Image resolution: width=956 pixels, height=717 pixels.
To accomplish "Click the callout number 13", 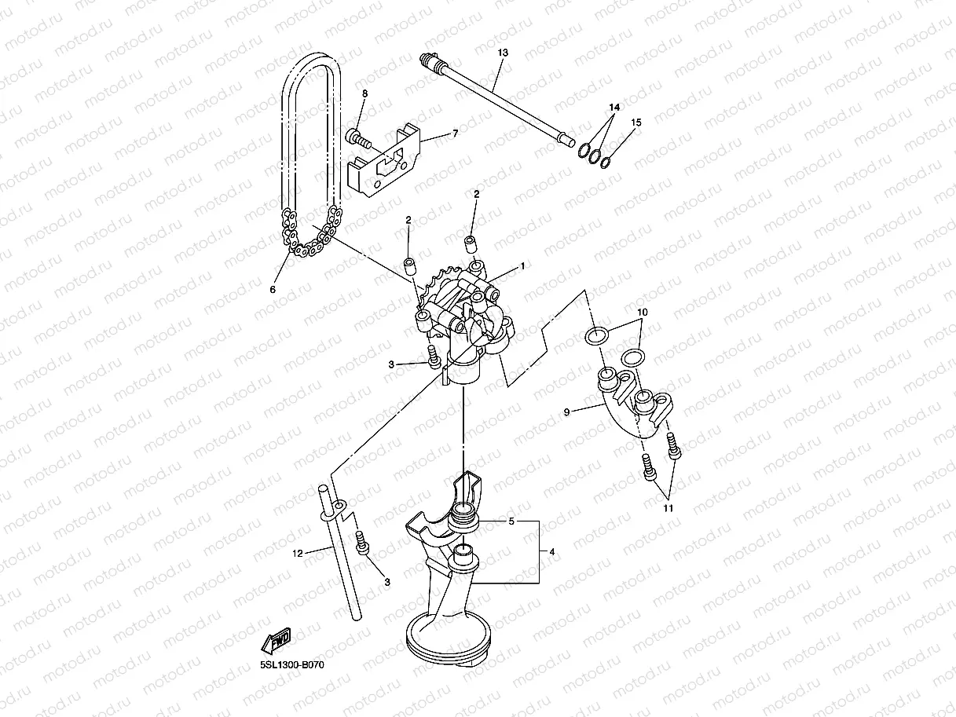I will (504, 52).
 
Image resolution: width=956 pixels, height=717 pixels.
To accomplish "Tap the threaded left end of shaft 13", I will (429, 59).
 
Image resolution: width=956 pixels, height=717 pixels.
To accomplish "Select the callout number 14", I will (614, 106).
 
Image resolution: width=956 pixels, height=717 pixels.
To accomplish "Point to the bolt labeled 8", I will (358, 138).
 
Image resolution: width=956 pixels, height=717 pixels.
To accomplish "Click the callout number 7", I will (455, 134).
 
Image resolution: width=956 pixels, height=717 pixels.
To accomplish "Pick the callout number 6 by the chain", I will (273, 290).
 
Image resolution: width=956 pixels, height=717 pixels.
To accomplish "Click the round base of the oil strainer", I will (448, 636).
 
